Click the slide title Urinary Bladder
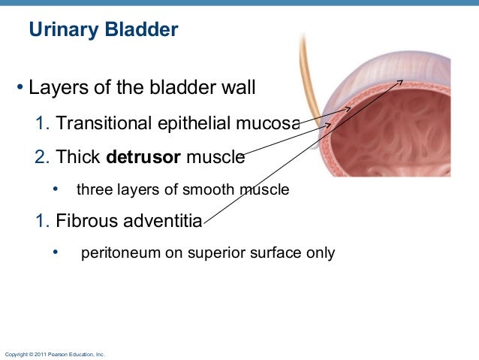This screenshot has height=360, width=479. coord(103,30)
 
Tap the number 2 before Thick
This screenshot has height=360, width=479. coord(41,158)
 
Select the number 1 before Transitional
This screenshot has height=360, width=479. coord(41,123)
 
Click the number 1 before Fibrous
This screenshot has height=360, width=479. coord(41,222)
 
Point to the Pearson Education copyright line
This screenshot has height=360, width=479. coord(55,353)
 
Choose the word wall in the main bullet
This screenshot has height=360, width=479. coord(239,89)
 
